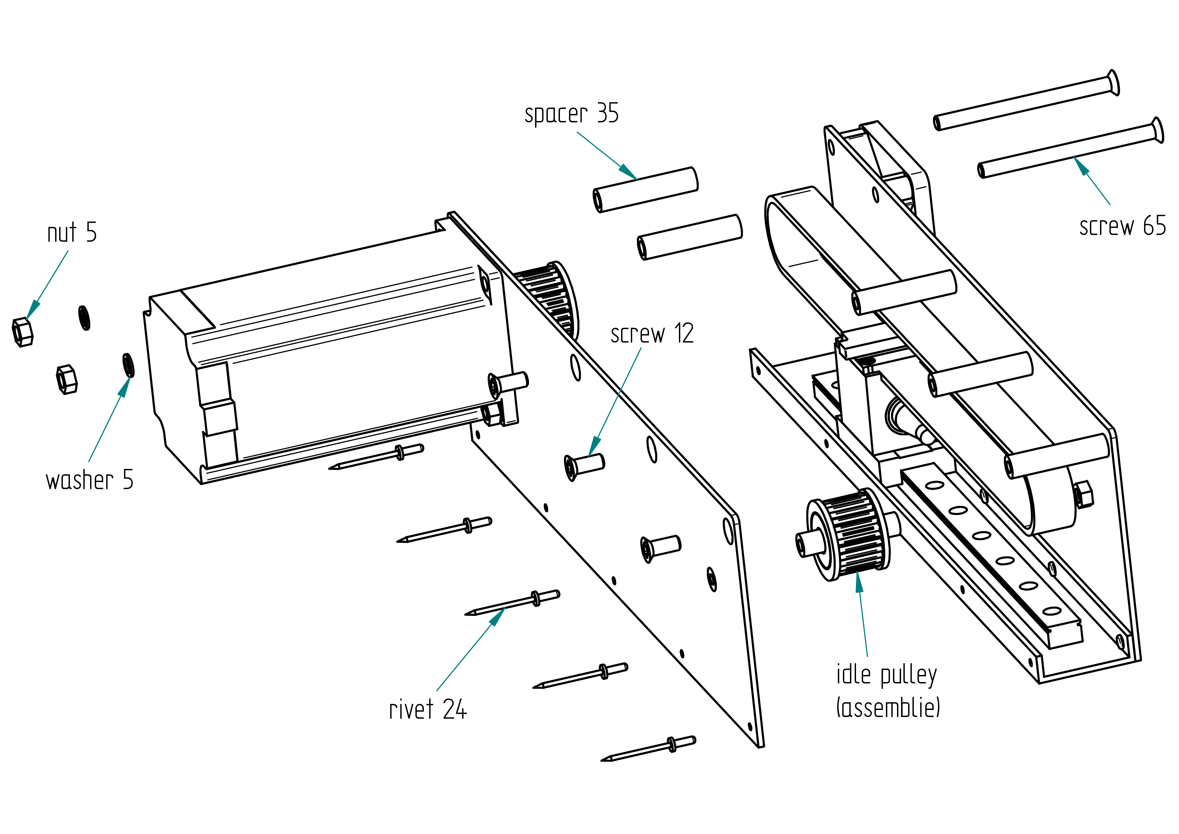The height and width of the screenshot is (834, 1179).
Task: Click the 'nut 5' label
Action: [x=72, y=233]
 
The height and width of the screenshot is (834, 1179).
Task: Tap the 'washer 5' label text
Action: [x=89, y=480]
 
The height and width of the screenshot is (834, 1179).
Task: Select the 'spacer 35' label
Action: [x=572, y=114]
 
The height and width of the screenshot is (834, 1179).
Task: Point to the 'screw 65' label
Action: [x=1123, y=226]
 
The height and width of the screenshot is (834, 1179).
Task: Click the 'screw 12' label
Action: [x=652, y=334]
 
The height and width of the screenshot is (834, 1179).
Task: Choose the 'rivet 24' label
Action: [x=428, y=710]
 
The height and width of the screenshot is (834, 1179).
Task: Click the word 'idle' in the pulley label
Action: [x=853, y=674]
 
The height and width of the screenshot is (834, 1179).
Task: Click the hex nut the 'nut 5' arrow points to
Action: [x=22, y=332]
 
